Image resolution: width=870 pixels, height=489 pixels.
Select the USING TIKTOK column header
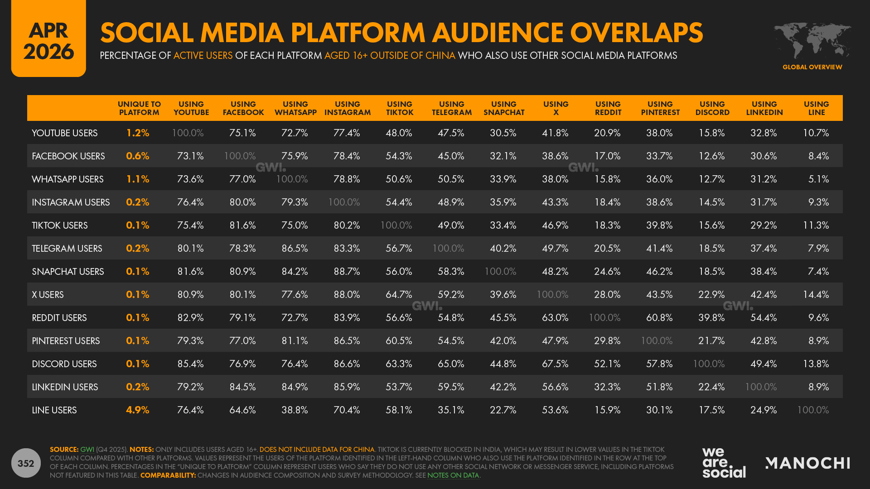pyautogui.click(x=400, y=108)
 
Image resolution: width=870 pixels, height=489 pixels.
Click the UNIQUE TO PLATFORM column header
pyautogui.click(x=139, y=108)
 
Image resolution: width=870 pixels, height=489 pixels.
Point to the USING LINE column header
pyautogui.click(x=816, y=108)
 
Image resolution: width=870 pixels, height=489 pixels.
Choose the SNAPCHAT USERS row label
pyautogui.click(x=68, y=272)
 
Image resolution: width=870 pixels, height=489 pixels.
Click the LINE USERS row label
pyautogui.click(x=54, y=410)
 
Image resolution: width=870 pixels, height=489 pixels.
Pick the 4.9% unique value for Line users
pyautogui.click(x=137, y=410)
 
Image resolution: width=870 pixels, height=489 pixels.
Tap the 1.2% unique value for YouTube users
pyautogui.click(x=137, y=133)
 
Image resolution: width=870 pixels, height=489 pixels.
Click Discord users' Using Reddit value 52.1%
pyautogui.click(x=607, y=364)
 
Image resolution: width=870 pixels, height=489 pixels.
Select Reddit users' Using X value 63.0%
pyautogui.click(x=555, y=318)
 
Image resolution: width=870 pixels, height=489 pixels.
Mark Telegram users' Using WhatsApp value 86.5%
pyautogui.click(x=295, y=249)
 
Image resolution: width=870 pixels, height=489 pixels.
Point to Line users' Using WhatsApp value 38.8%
pyautogui.click(x=295, y=410)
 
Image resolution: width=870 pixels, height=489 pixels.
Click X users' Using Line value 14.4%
pyautogui.click(x=816, y=295)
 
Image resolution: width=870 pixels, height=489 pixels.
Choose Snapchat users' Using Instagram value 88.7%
pyautogui.click(x=347, y=272)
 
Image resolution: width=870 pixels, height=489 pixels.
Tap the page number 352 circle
pyautogui.click(x=26, y=463)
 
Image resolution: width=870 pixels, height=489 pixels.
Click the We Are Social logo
pyautogui.click(x=724, y=463)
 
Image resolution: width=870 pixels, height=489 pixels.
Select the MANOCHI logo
pyautogui.click(x=807, y=463)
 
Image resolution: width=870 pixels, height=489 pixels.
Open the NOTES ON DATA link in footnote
pyautogui.click(x=453, y=475)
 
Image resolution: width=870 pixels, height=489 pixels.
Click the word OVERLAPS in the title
pyautogui.click(x=636, y=33)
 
